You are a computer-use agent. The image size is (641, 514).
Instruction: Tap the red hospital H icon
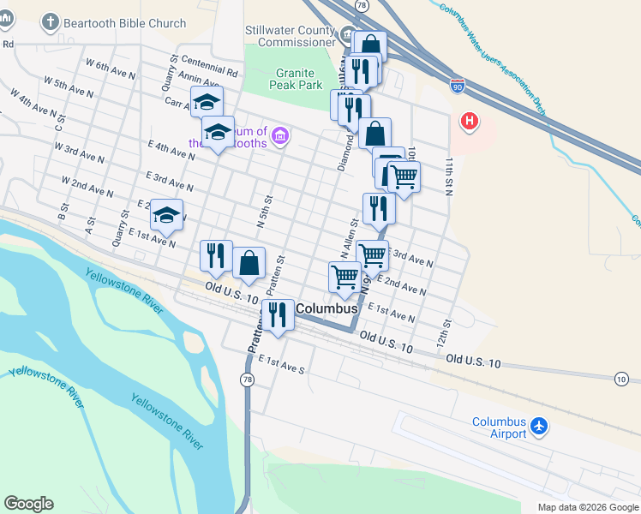click(x=470, y=122)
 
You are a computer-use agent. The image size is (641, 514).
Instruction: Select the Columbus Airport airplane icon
click(x=539, y=426)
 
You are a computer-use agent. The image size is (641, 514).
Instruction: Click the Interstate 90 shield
click(x=458, y=85)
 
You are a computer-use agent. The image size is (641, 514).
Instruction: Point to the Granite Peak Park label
click(x=295, y=80)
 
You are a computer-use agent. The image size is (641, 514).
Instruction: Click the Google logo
click(x=28, y=504)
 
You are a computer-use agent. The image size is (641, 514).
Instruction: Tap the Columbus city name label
click(x=326, y=307)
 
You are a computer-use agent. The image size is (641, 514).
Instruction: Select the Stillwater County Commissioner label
click(x=291, y=36)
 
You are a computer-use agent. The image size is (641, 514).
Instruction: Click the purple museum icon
click(x=282, y=135)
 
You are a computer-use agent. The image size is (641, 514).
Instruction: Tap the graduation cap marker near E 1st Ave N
click(x=166, y=216)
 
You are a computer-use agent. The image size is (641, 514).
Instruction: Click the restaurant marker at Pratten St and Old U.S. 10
click(x=277, y=314)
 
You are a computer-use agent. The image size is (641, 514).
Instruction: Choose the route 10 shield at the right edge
click(x=621, y=378)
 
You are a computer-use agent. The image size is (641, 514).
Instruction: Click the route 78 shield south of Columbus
click(x=247, y=380)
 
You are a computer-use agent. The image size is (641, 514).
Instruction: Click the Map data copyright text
click(x=586, y=507)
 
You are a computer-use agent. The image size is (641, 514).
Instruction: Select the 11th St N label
click(x=447, y=175)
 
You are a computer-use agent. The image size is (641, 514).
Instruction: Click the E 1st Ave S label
click(x=281, y=365)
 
